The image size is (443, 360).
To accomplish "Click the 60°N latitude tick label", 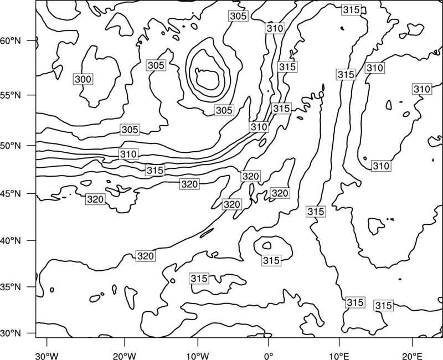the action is click(x=11, y=41).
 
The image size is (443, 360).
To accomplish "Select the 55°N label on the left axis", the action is click(x=11, y=95).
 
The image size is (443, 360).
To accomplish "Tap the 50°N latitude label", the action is click(x=11, y=146).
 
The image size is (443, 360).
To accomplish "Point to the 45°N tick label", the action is click(x=11, y=194).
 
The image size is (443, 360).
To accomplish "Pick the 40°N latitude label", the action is click(x=11, y=241).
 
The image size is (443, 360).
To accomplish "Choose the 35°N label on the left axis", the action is click(x=11, y=287).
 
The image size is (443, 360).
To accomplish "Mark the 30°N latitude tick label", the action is click(x=11, y=333).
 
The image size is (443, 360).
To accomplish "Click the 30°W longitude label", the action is click(x=47, y=356).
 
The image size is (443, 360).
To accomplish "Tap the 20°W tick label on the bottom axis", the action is click(x=124, y=356).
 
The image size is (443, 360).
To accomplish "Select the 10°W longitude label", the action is click(x=197, y=356).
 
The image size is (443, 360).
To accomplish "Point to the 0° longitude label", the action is click(x=269, y=356).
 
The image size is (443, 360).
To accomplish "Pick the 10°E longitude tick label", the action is click(x=339, y=356).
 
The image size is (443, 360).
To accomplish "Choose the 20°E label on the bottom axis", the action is click(x=412, y=356).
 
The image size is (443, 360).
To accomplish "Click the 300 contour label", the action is click(x=83, y=79).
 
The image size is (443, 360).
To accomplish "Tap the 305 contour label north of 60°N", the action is click(x=238, y=16).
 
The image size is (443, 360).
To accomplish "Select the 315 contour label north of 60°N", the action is click(x=351, y=10).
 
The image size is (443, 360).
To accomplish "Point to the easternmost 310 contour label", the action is click(x=422, y=89).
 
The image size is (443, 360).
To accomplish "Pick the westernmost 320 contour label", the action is click(x=95, y=199).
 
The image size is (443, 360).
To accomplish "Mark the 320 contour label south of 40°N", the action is click(x=145, y=256).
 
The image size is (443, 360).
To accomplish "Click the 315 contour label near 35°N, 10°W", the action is click(x=199, y=279).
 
